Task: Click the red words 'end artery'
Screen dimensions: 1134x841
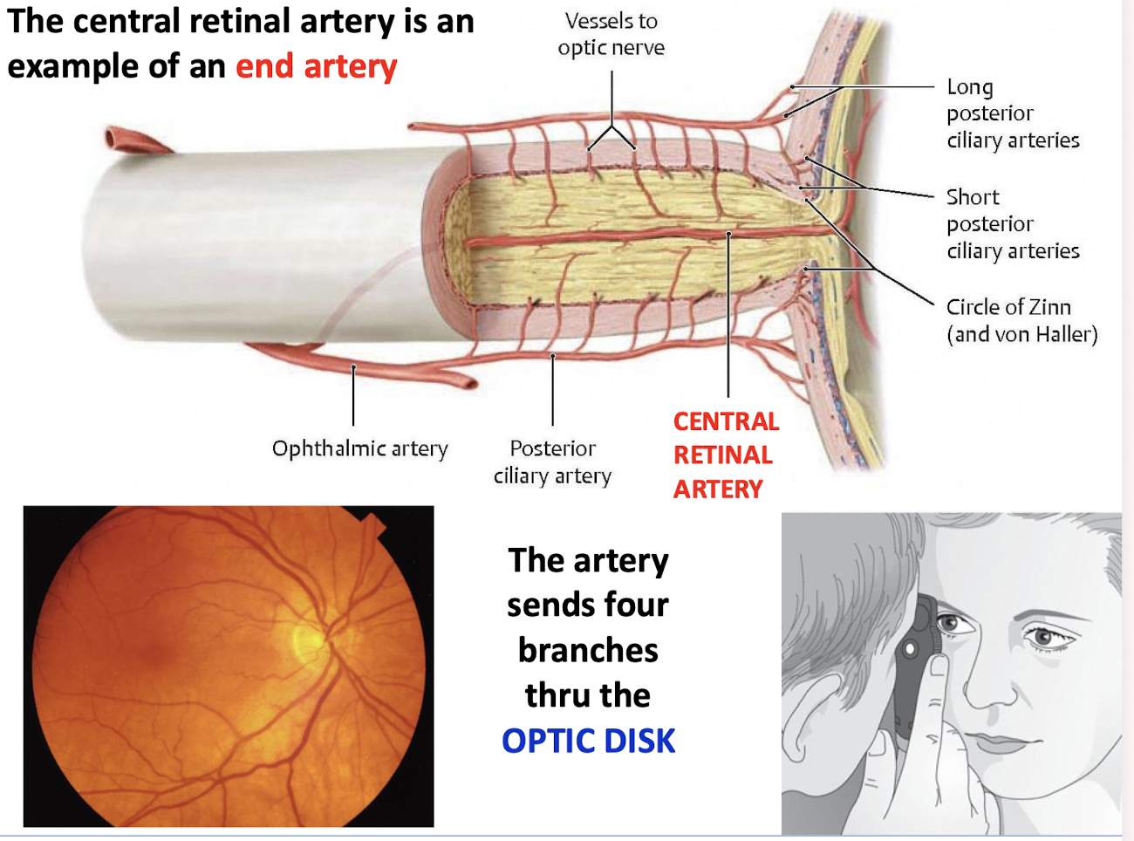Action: click(x=316, y=66)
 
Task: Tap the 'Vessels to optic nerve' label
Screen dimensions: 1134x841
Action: click(x=611, y=35)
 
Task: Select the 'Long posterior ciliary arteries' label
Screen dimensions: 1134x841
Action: click(x=1012, y=113)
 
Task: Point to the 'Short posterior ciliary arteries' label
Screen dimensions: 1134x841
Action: click(x=1012, y=224)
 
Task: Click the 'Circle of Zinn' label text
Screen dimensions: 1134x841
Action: click(x=1008, y=307)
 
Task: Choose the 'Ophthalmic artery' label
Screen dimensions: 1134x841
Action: click(x=359, y=448)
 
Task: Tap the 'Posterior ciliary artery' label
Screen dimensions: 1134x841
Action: click(x=552, y=462)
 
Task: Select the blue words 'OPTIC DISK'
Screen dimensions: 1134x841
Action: click(x=588, y=741)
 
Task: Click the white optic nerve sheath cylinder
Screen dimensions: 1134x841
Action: click(x=262, y=244)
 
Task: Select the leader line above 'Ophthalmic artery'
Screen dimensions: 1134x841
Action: click(x=353, y=397)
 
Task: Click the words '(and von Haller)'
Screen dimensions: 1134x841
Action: click(x=1021, y=334)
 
